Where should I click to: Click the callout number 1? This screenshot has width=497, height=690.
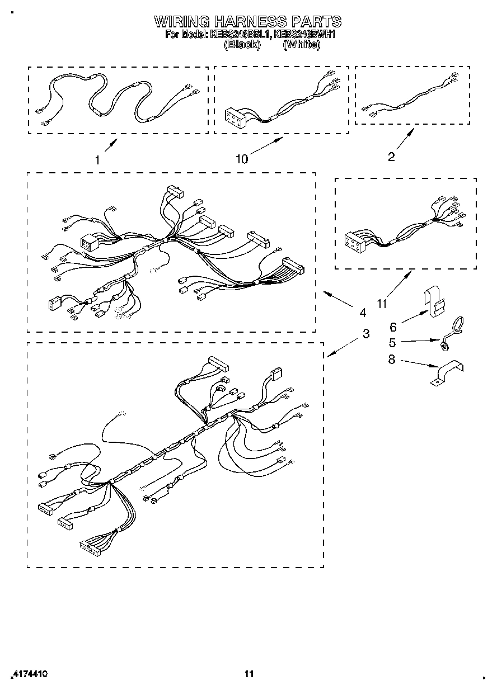pyautogui.click(x=97, y=159)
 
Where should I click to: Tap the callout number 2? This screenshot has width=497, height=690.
pyautogui.click(x=391, y=157)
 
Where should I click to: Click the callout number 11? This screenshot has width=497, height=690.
pyautogui.click(x=382, y=304)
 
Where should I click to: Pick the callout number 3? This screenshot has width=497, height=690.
pyautogui.click(x=365, y=334)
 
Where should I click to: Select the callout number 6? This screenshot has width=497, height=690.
pyautogui.click(x=393, y=327)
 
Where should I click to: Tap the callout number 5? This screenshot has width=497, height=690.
pyautogui.click(x=392, y=343)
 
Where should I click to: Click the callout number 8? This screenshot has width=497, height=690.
pyautogui.click(x=391, y=360)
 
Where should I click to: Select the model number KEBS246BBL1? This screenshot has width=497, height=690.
pyautogui.click(x=241, y=35)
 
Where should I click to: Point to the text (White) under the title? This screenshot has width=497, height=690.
pyautogui.click(x=302, y=45)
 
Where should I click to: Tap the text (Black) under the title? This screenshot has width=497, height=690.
pyautogui.click(x=242, y=45)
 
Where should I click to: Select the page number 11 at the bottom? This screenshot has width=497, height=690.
pyautogui.click(x=249, y=674)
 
